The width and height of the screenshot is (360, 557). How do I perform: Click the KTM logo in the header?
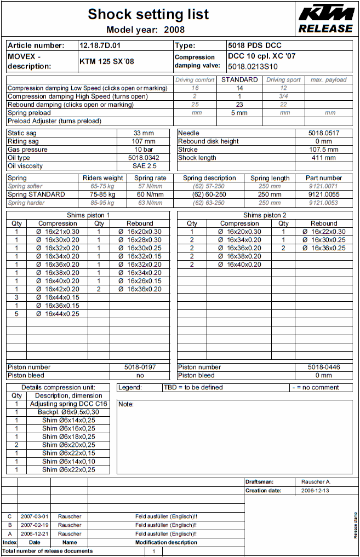click(x=325, y=19)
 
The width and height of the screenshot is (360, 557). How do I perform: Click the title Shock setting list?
click(x=148, y=14)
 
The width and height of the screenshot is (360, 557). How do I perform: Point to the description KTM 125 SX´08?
click(x=106, y=61)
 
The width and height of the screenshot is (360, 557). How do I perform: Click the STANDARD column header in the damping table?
click(x=239, y=80)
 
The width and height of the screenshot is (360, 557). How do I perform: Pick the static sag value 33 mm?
click(x=144, y=133)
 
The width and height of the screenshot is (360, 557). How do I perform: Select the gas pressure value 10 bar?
click(x=144, y=150)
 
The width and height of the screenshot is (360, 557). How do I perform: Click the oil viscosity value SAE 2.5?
click(x=144, y=166)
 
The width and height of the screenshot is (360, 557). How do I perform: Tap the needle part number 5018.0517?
click(x=324, y=133)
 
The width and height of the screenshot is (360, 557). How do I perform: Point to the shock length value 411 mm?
click(x=323, y=158)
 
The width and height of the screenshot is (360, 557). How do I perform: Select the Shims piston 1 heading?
click(x=88, y=215)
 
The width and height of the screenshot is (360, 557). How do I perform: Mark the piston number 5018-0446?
click(x=324, y=367)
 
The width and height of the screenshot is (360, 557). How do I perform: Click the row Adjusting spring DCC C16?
click(x=68, y=404)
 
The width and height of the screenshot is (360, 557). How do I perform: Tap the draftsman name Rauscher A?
click(x=316, y=482)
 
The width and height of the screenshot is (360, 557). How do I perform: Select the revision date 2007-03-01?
click(x=35, y=516)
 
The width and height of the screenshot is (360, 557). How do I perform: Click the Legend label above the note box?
click(x=130, y=387)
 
